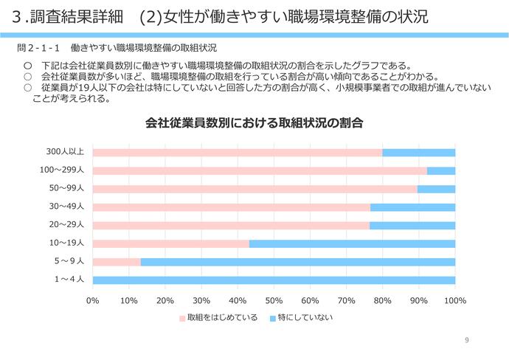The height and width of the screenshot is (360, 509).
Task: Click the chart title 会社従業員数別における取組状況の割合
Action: pyautogui.click(x=254, y=122)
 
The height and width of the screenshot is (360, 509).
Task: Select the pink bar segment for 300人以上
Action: pyautogui.click(x=237, y=152)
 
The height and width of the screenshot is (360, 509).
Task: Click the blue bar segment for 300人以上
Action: pyautogui.click(x=418, y=152)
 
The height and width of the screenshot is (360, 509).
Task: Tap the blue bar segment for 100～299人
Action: pyautogui.click(x=440, y=170)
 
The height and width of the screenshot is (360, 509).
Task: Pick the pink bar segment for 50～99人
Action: pyautogui.click(x=254, y=189)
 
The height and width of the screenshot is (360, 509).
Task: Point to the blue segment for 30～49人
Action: pyautogui.click(x=412, y=207)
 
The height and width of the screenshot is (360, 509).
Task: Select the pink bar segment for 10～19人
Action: pyautogui.click(x=170, y=243)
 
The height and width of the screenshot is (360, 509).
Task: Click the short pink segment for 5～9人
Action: pyautogui.click(x=116, y=262)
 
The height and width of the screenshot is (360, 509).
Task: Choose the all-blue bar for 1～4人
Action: pyautogui.click(x=274, y=280)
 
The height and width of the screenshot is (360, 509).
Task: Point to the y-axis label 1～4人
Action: pyautogui.click(x=70, y=280)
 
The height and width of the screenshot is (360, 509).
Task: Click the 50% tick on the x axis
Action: pyautogui.click(x=274, y=300)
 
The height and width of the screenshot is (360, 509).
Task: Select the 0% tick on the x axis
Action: pyautogui.click(x=93, y=300)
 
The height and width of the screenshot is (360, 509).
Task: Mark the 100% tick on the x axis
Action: pyautogui.click(x=454, y=300)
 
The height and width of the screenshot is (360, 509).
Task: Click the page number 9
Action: pyautogui.click(x=467, y=340)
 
